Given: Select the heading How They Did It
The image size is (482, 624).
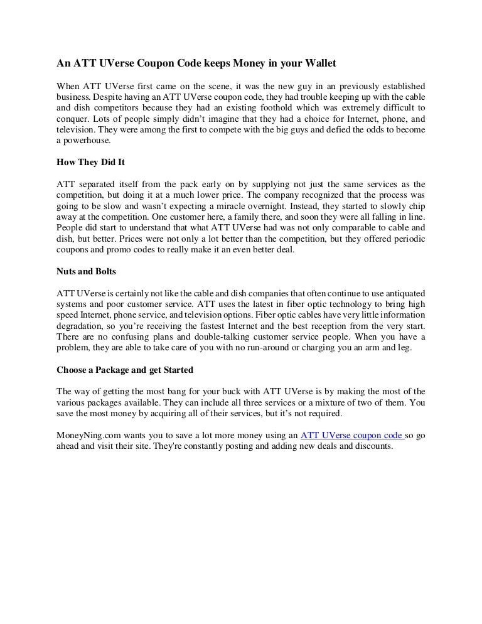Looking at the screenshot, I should point(91,161).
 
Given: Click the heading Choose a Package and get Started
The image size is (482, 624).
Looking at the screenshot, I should point(125,369).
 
